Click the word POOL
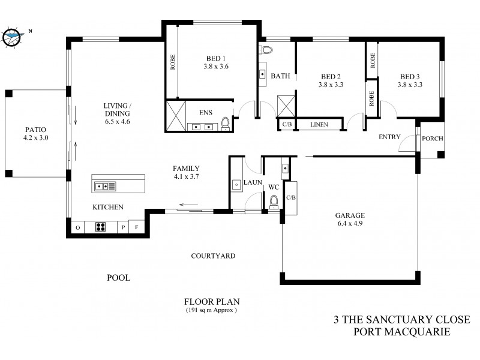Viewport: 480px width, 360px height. click(x=118, y=278)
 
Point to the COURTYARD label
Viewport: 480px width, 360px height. click(x=212, y=256)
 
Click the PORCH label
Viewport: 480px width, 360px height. click(x=432, y=139)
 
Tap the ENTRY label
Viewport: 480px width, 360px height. click(x=389, y=137)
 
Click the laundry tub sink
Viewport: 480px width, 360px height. click(x=237, y=184)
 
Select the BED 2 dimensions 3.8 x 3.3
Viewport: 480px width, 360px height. click(x=331, y=85)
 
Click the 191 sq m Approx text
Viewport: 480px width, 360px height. click(x=211, y=310)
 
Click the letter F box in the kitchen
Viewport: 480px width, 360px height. click(x=136, y=227)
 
